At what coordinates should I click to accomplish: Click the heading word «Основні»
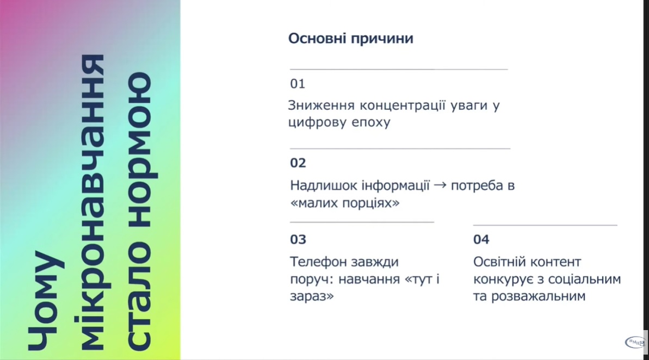(x=318, y=38)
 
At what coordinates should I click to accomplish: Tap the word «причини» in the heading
(x=382, y=39)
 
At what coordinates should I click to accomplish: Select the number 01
(x=298, y=84)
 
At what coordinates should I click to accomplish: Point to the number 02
(x=298, y=163)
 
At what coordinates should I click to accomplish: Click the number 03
(x=298, y=239)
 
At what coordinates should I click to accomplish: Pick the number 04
(x=481, y=239)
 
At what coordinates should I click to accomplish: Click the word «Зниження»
(x=321, y=105)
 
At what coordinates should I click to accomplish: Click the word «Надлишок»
(x=324, y=186)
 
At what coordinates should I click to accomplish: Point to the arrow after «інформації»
(x=440, y=185)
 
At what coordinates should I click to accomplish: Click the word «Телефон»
(x=318, y=262)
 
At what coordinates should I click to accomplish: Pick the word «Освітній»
(x=500, y=262)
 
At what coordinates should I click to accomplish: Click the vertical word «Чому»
(x=46, y=300)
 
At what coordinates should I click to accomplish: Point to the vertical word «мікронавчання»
(x=92, y=202)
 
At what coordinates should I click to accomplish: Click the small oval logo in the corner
(x=634, y=342)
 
